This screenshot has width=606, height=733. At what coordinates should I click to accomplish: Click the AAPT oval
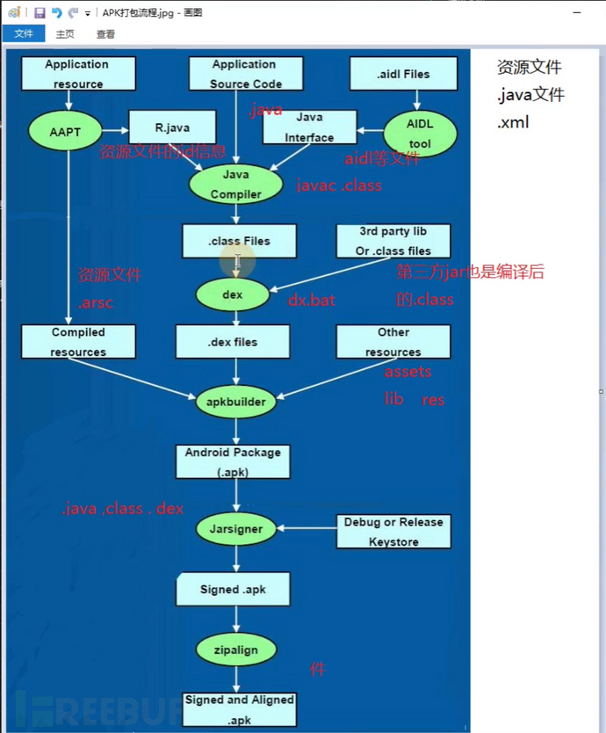click(x=66, y=132)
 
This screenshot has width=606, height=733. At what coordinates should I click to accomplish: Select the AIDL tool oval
click(x=420, y=133)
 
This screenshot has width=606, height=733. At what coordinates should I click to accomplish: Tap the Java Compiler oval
click(x=236, y=185)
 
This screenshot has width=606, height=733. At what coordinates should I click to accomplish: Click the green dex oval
click(x=233, y=295)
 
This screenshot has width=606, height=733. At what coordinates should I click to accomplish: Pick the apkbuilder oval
click(x=235, y=403)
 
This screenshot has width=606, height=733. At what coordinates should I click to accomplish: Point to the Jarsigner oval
click(x=235, y=530)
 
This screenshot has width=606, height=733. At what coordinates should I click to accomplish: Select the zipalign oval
click(x=235, y=650)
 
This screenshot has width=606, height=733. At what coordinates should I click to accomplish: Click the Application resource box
click(x=78, y=74)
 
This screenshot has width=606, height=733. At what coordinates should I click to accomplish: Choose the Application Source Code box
click(x=244, y=74)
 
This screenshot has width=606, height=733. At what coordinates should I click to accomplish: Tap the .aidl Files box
click(x=405, y=74)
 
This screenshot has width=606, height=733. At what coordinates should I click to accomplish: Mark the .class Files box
click(x=239, y=241)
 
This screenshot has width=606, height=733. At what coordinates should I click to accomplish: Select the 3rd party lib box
click(x=393, y=241)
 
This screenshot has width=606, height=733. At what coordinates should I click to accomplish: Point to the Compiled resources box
click(x=78, y=342)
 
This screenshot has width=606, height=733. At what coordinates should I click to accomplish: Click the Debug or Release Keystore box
click(x=393, y=532)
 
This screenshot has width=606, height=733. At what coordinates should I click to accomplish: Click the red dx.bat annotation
click(x=312, y=300)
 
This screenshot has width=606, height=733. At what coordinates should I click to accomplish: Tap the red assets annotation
click(x=408, y=372)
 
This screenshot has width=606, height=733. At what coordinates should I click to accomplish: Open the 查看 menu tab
click(x=105, y=34)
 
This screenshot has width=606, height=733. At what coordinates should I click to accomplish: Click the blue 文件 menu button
click(x=24, y=34)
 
